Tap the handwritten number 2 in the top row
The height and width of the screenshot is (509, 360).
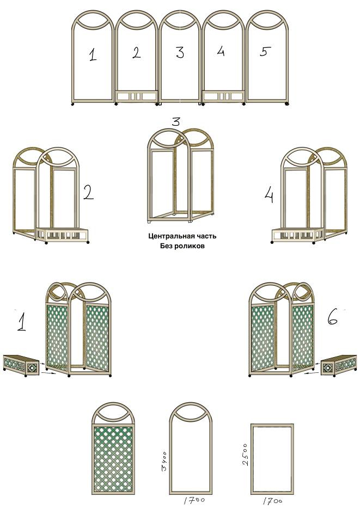coord(137,53)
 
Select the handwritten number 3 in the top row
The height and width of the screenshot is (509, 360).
coord(180,53)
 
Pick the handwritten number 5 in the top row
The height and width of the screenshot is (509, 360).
coord(265,51)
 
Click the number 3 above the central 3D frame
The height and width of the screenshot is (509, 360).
coord(175,122)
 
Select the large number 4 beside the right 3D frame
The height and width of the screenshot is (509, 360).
coord(269,196)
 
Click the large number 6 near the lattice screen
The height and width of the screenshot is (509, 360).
coord(332,317)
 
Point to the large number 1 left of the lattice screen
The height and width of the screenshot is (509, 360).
coord(21,320)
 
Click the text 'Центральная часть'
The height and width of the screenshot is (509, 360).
coord(182,236)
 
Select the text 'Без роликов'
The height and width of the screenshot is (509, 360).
coord(182,246)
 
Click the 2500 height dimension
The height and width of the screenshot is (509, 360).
coord(245,455)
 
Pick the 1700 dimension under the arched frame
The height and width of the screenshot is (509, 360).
coord(194,500)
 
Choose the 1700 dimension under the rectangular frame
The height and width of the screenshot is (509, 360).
coord(272,501)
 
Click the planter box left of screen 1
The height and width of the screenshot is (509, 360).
coord(21,365)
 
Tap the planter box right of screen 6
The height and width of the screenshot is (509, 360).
coord(339,365)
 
